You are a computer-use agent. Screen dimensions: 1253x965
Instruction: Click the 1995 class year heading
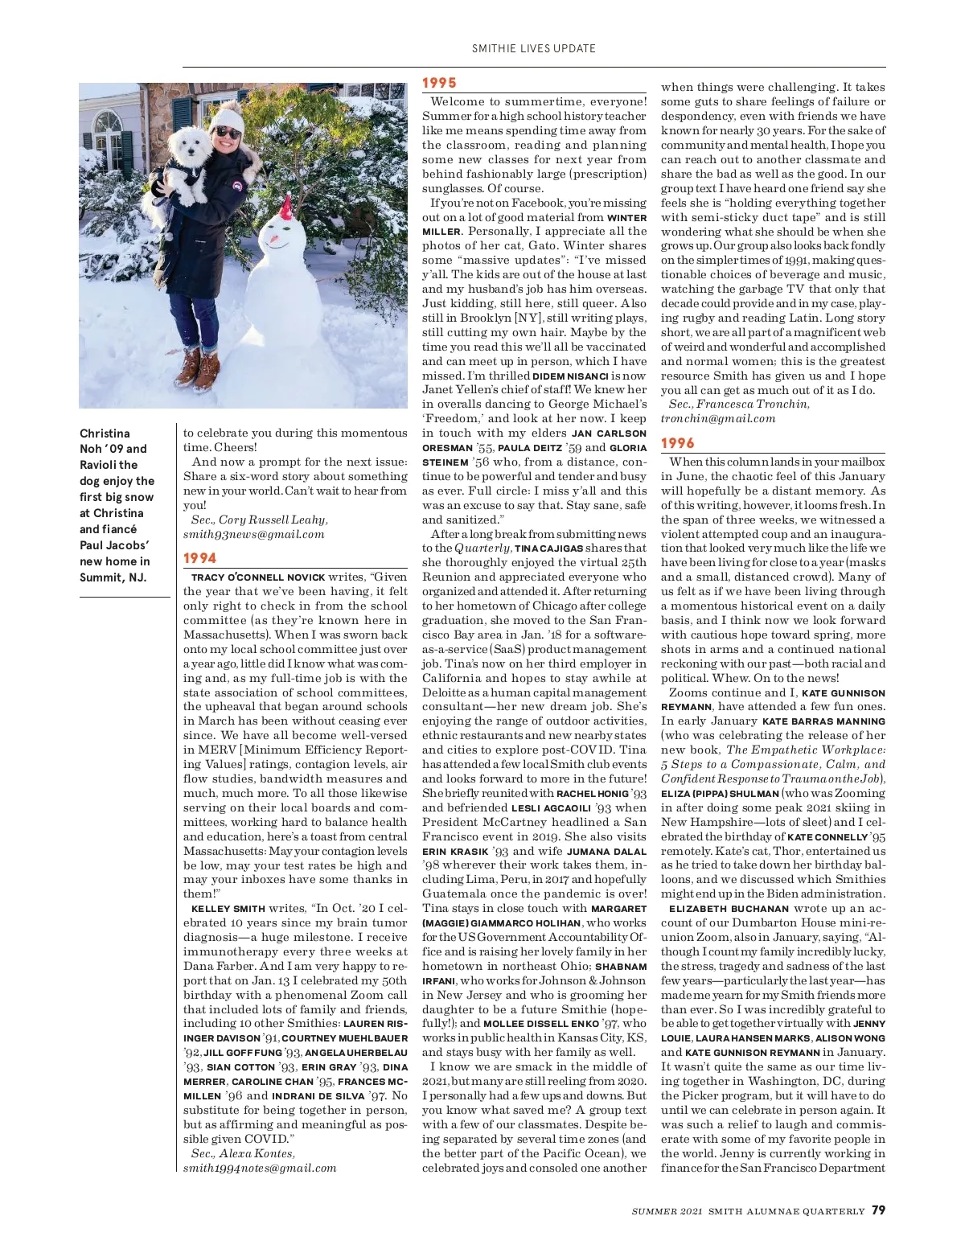[x=439, y=82]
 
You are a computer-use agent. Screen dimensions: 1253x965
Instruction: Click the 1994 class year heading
[x=200, y=558]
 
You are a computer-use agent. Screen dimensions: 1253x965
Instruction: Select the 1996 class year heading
[x=678, y=443]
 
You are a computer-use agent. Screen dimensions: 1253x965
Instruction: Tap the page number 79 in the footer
[x=878, y=1210]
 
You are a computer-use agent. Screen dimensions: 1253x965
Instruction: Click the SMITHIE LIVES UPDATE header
[x=533, y=48]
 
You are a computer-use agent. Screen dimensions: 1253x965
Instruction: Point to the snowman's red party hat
[x=285, y=209]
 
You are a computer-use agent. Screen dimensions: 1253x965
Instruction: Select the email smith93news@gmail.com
[x=253, y=534]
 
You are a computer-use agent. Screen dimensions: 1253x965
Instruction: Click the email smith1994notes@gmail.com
[x=260, y=1168]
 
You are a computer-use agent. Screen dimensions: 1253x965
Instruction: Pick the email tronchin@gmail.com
[x=718, y=418]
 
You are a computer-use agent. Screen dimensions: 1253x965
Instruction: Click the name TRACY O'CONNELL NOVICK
[x=258, y=577]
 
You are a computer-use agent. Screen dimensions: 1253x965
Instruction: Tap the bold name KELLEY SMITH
[x=228, y=909]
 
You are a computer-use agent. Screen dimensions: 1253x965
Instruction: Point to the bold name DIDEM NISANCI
[x=570, y=376]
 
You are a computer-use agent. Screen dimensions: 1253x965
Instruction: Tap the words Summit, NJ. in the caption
[x=113, y=577]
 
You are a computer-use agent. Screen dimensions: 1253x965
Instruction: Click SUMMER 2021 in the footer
[x=667, y=1210]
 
